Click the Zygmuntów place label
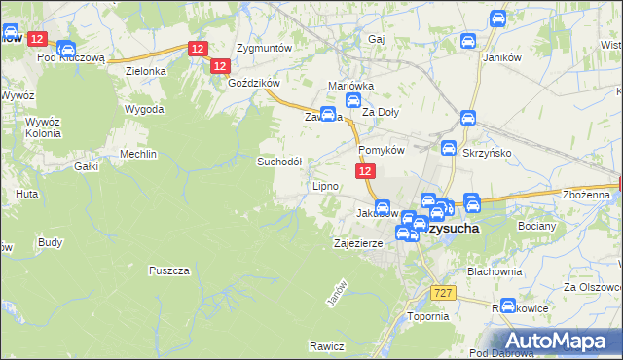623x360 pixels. [x=265, y=47]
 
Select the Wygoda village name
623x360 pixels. [x=144, y=109]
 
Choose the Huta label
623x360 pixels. [x=26, y=194]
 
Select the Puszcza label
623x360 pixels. [x=168, y=270]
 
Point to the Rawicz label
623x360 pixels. [x=327, y=346]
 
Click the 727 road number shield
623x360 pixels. [x=444, y=293]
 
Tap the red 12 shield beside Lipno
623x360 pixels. [x=364, y=170]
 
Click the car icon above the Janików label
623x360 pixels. [x=497, y=18]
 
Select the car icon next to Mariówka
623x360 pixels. [x=355, y=99]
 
